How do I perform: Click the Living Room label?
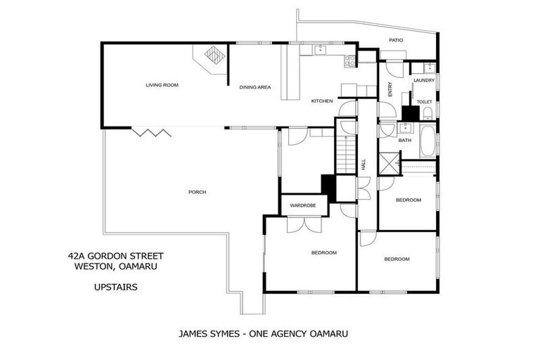click(162, 85)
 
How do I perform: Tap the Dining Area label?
click(255, 87)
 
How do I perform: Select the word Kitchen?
click(322, 101)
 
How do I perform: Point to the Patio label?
click(397, 41)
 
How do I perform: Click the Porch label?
click(198, 192)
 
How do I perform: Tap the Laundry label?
click(424, 80)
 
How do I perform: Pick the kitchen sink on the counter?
click(321, 49)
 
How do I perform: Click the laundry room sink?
click(427, 67)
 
